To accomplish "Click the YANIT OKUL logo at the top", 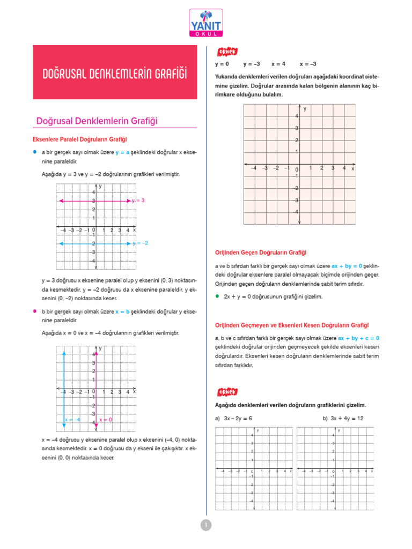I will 205,23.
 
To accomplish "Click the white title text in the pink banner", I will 115,73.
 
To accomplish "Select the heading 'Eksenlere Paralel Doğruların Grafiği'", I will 80,139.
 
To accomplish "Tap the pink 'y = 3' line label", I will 138,201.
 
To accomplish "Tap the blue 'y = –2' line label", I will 140,243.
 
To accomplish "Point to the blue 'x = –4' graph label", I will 72,419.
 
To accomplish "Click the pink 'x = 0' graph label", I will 106,419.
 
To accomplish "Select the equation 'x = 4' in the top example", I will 278,63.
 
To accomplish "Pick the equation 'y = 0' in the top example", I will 222,63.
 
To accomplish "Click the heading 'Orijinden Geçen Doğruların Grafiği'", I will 260,253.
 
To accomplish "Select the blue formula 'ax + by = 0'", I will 347,265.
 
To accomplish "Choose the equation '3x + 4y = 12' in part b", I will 347,418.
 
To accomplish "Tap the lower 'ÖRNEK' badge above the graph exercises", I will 226,392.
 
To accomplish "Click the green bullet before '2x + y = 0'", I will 217,296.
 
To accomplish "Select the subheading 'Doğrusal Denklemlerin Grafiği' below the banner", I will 97,121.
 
